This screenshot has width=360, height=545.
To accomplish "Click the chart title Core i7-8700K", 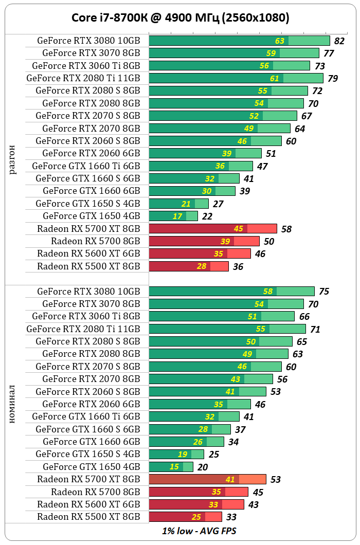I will pyautogui.click(x=180, y=18).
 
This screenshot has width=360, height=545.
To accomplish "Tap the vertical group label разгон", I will pyautogui.click(x=13, y=159).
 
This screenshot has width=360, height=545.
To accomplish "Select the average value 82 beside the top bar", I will pyautogui.click(x=339, y=41).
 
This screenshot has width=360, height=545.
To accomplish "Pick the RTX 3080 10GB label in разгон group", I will pyautogui.click(x=88, y=41).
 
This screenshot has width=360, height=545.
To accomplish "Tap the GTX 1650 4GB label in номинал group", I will pyautogui.click(x=91, y=467).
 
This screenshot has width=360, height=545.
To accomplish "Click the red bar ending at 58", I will pyautogui.click(x=212, y=228).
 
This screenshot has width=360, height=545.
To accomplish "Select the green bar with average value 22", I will pyautogui.click(x=173, y=216).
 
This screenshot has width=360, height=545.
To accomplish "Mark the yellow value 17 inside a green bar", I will pyautogui.click(x=177, y=216).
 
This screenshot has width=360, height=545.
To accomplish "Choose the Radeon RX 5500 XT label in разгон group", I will pyautogui.click(x=88, y=266).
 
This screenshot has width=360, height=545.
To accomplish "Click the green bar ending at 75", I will pyautogui.click(x=231, y=291).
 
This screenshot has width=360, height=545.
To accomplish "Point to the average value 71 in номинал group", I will pyautogui.click(x=315, y=329).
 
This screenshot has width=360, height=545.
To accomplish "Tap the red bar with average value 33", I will pyautogui.click(x=185, y=517).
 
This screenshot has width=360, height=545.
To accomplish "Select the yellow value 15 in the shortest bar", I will pyautogui.click(x=174, y=467).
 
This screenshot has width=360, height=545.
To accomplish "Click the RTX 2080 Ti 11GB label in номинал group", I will pyautogui.click(x=83, y=329).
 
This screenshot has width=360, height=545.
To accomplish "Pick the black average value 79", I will pyautogui.click(x=333, y=79).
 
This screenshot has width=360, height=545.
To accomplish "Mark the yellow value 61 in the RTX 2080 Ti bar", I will pyautogui.click(x=275, y=79).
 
